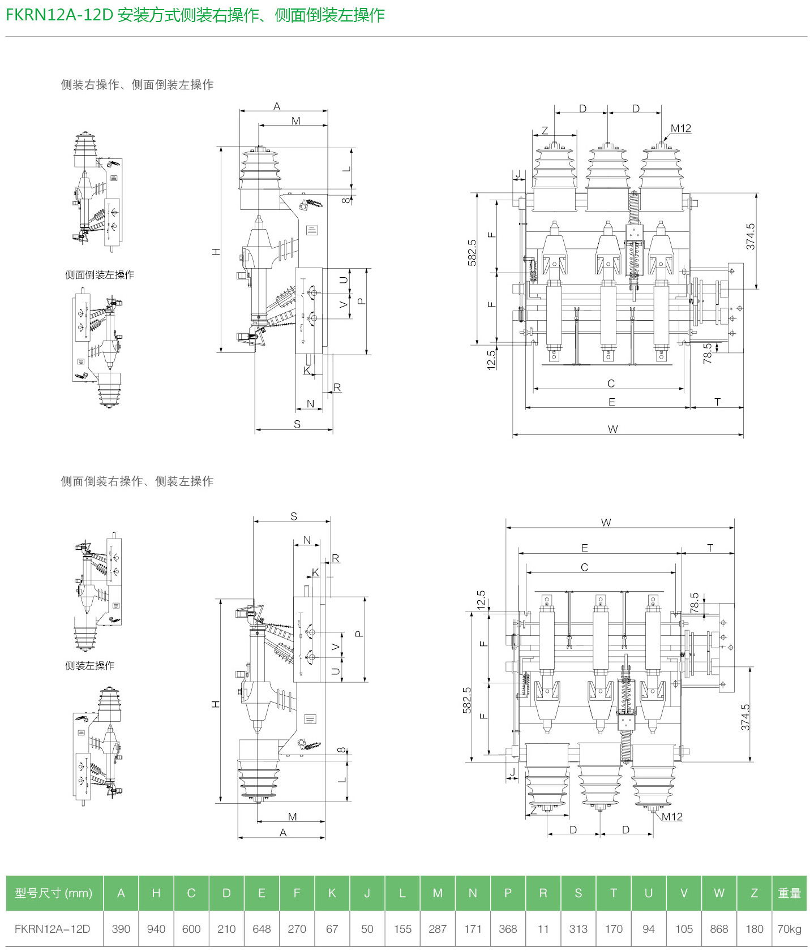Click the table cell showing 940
[x=156, y=929]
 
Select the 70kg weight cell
[x=789, y=929]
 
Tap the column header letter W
[x=719, y=893]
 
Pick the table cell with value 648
[x=262, y=929]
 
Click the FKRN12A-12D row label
[x=53, y=929]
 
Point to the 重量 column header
[x=789, y=893]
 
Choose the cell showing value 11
[x=543, y=929]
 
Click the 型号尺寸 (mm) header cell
[x=54, y=893]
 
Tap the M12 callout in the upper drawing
[x=681, y=128]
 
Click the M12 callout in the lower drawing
[x=672, y=816]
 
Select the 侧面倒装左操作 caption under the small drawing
[x=100, y=275]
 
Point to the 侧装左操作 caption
[x=89, y=666]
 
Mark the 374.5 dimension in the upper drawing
[x=751, y=236]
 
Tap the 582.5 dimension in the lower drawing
[x=467, y=700]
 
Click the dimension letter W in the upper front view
[x=612, y=429]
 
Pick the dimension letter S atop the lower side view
[x=294, y=516]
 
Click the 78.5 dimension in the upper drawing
[x=708, y=353]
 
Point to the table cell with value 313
[x=578, y=929]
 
